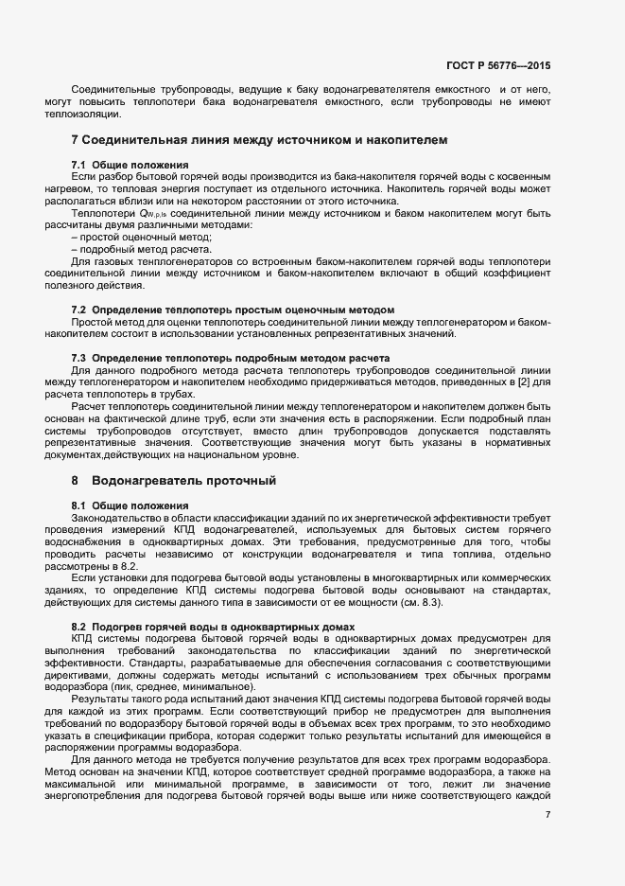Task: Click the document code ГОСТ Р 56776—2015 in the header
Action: point(497,66)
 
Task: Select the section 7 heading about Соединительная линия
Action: point(259,140)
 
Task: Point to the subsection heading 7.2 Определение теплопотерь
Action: point(233,310)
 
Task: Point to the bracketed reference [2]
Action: point(517,381)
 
